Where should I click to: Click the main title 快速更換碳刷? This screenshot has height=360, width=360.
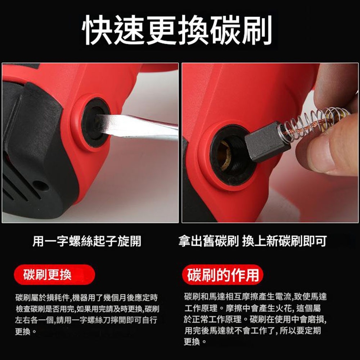click(x=177, y=30)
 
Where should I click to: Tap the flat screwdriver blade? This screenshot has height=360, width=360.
click(x=138, y=126)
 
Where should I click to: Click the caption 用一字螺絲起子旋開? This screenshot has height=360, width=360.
click(x=87, y=241)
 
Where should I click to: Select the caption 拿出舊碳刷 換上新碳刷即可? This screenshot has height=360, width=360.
click(x=252, y=241)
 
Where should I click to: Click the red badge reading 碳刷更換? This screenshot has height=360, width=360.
click(x=54, y=275)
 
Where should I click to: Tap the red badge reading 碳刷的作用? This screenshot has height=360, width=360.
click(x=223, y=275)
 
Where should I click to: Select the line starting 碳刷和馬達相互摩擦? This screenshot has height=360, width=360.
click(x=255, y=297)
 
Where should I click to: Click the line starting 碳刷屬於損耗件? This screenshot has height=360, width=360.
click(x=86, y=298)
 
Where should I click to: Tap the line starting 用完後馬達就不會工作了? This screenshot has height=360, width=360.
click(x=253, y=330)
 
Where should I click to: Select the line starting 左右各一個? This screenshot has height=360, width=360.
click(x=86, y=320)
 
